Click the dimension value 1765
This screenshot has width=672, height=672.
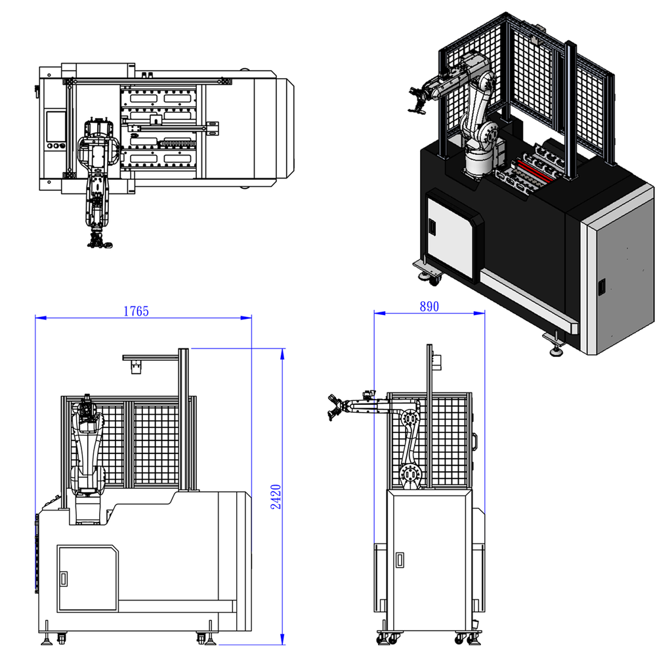pos(136,310)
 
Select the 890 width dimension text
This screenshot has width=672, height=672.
pos(429,306)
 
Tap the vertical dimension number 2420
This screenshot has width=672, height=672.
pos(276,497)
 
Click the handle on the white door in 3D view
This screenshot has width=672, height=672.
pos(432,226)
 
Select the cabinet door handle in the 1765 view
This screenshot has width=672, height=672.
pos(64,579)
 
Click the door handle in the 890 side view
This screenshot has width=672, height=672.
pos(400,560)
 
